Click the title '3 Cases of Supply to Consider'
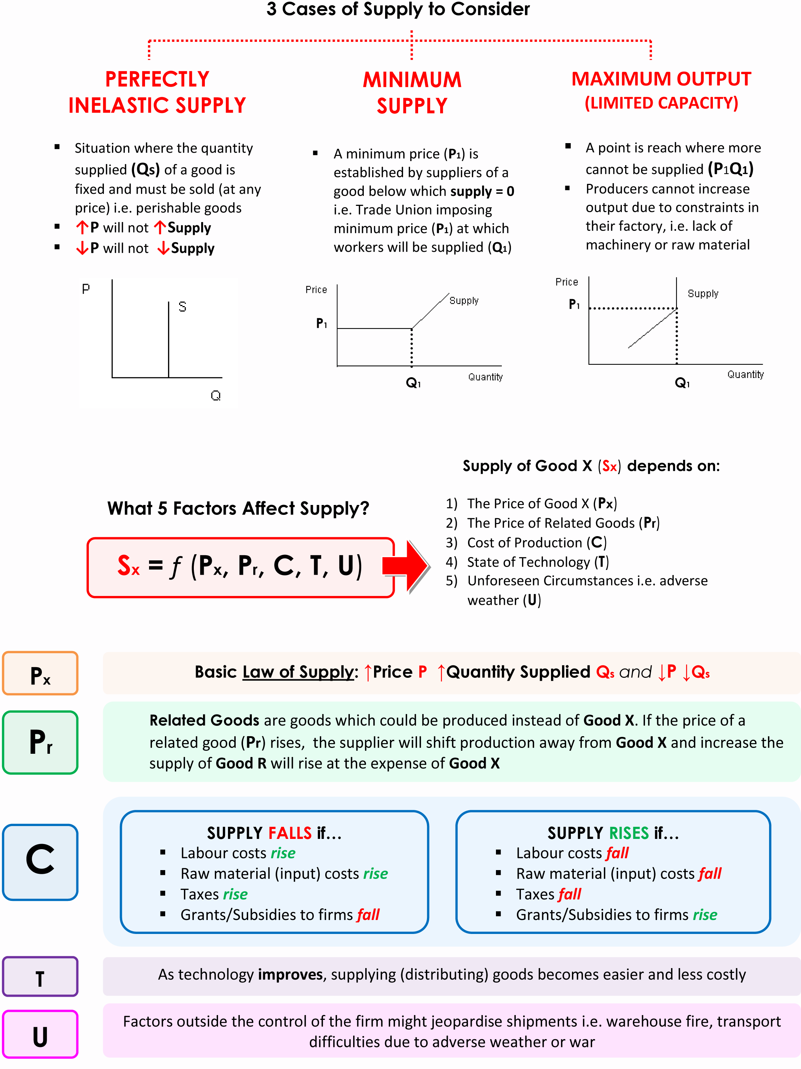(398, 10)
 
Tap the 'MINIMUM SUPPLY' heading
(412, 93)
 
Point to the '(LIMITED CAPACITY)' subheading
(661, 103)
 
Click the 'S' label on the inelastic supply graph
(182, 307)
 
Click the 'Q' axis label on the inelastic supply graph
(215, 396)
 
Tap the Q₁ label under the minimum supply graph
(413, 383)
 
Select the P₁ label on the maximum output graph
(574, 305)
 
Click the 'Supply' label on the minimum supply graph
(464, 301)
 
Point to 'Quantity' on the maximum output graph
(745, 375)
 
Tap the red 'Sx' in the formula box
(128, 566)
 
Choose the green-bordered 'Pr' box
(40, 742)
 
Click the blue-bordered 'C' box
(40, 862)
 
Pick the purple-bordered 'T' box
(40, 977)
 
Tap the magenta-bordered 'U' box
(40, 1034)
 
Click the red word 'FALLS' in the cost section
(290, 833)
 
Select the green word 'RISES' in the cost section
(628, 833)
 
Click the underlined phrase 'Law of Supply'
(298, 672)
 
